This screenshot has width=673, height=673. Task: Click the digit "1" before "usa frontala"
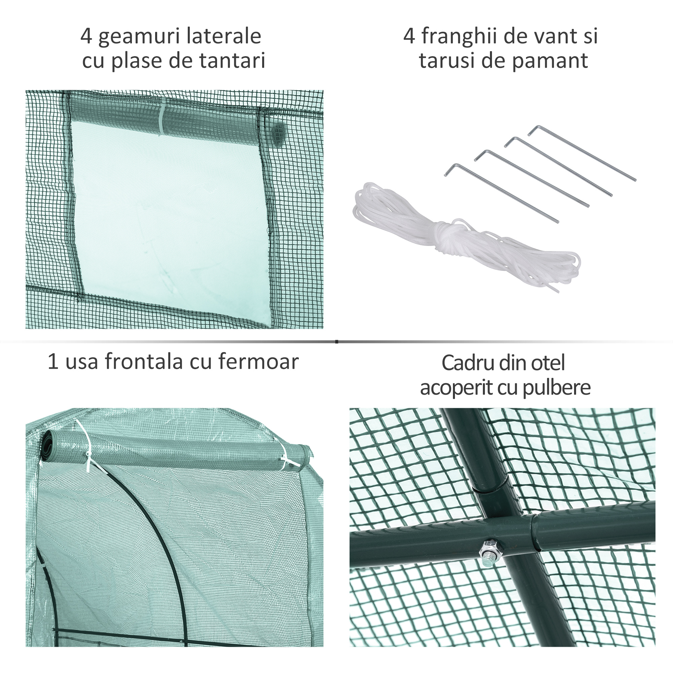(x=52, y=362)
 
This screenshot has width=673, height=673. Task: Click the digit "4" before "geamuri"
(x=86, y=36)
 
